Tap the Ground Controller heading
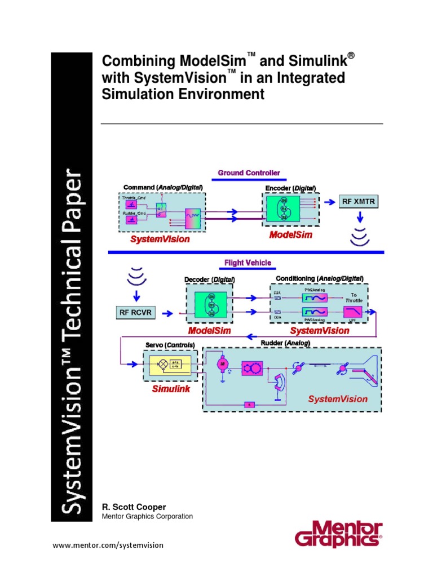(249, 173)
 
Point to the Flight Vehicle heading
(248, 263)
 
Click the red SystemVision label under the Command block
(160, 239)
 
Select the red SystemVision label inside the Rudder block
(337, 399)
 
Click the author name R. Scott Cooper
(132, 507)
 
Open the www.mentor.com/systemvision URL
(108, 545)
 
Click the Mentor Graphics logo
(339, 534)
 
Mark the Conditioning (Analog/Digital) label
(319, 279)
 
